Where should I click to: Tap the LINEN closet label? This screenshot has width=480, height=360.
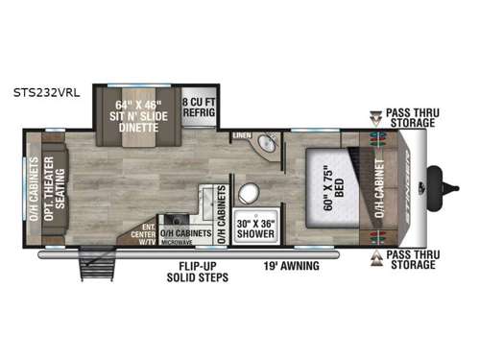point(242,136)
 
